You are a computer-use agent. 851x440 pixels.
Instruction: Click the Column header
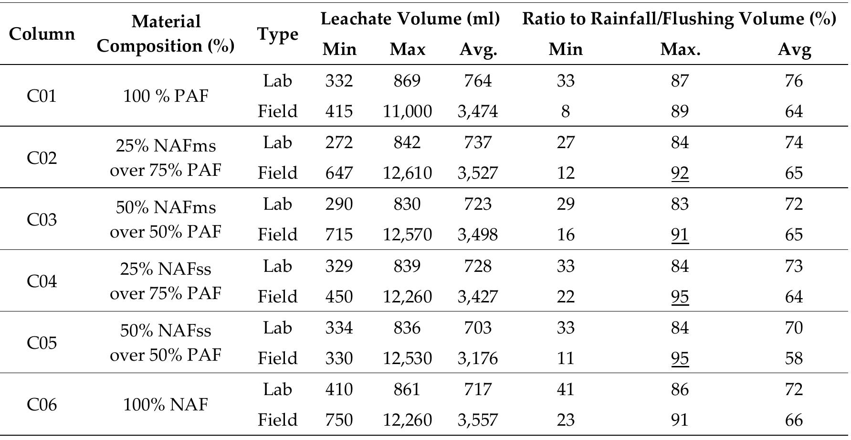coord(42,34)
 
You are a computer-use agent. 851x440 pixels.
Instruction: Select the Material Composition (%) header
coord(166,33)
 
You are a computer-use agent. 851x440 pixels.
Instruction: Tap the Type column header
coord(277,34)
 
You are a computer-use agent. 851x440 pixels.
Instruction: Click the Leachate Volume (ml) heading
coord(410,19)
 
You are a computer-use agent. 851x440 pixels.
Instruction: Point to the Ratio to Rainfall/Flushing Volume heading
coord(679,19)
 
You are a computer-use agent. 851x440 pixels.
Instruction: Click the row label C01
coord(42,96)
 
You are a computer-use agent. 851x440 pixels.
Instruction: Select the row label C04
coord(42,281)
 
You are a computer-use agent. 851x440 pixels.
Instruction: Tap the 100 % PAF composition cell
coord(166,96)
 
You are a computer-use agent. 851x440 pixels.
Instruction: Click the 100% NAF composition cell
coord(166,405)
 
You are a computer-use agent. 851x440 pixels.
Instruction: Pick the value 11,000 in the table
coord(407,111)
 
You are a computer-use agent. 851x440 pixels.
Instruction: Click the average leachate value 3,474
coord(477,111)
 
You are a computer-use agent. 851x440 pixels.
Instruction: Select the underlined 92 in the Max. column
coord(680,173)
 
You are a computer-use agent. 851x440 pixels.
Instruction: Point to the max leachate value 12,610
coord(407,173)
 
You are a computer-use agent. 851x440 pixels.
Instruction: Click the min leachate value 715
coord(339,235)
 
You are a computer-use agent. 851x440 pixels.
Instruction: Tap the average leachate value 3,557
coord(477,420)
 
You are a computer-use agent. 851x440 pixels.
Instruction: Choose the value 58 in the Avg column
coord(794,358)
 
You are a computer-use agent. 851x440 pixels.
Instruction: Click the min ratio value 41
coord(566,389)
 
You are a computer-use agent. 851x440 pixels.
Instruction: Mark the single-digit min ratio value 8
coord(566,111)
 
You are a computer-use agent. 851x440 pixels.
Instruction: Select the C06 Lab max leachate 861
coord(407,389)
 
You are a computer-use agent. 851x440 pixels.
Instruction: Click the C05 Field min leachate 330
coord(339,358)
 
